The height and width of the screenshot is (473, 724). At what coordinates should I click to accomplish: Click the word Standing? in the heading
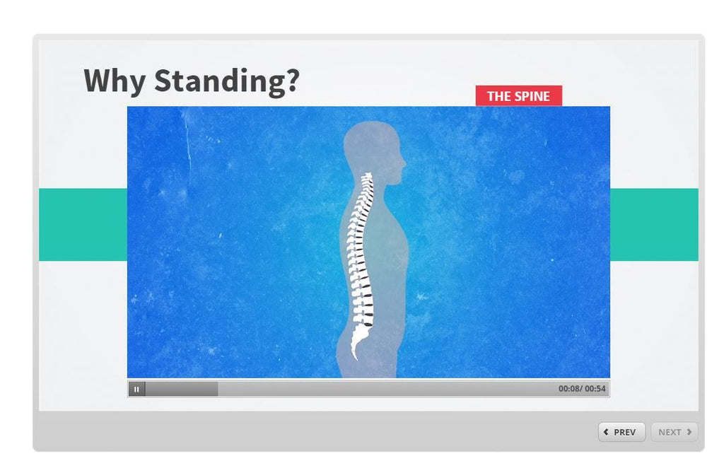click(227, 81)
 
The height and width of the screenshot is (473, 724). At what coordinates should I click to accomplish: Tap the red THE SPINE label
click(518, 96)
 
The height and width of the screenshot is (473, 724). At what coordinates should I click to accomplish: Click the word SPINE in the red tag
click(532, 96)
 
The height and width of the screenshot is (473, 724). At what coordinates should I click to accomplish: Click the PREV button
click(621, 432)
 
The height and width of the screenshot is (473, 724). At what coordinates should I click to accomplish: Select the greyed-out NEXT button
click(674, 432)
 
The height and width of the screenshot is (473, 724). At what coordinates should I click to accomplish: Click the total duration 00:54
click(595, 389)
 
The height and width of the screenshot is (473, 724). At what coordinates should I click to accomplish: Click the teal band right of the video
click(654, 225)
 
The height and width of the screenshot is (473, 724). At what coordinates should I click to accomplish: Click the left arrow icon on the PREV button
click(607, 432)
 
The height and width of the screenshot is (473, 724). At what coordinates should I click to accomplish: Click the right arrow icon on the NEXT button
click(689, 432)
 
